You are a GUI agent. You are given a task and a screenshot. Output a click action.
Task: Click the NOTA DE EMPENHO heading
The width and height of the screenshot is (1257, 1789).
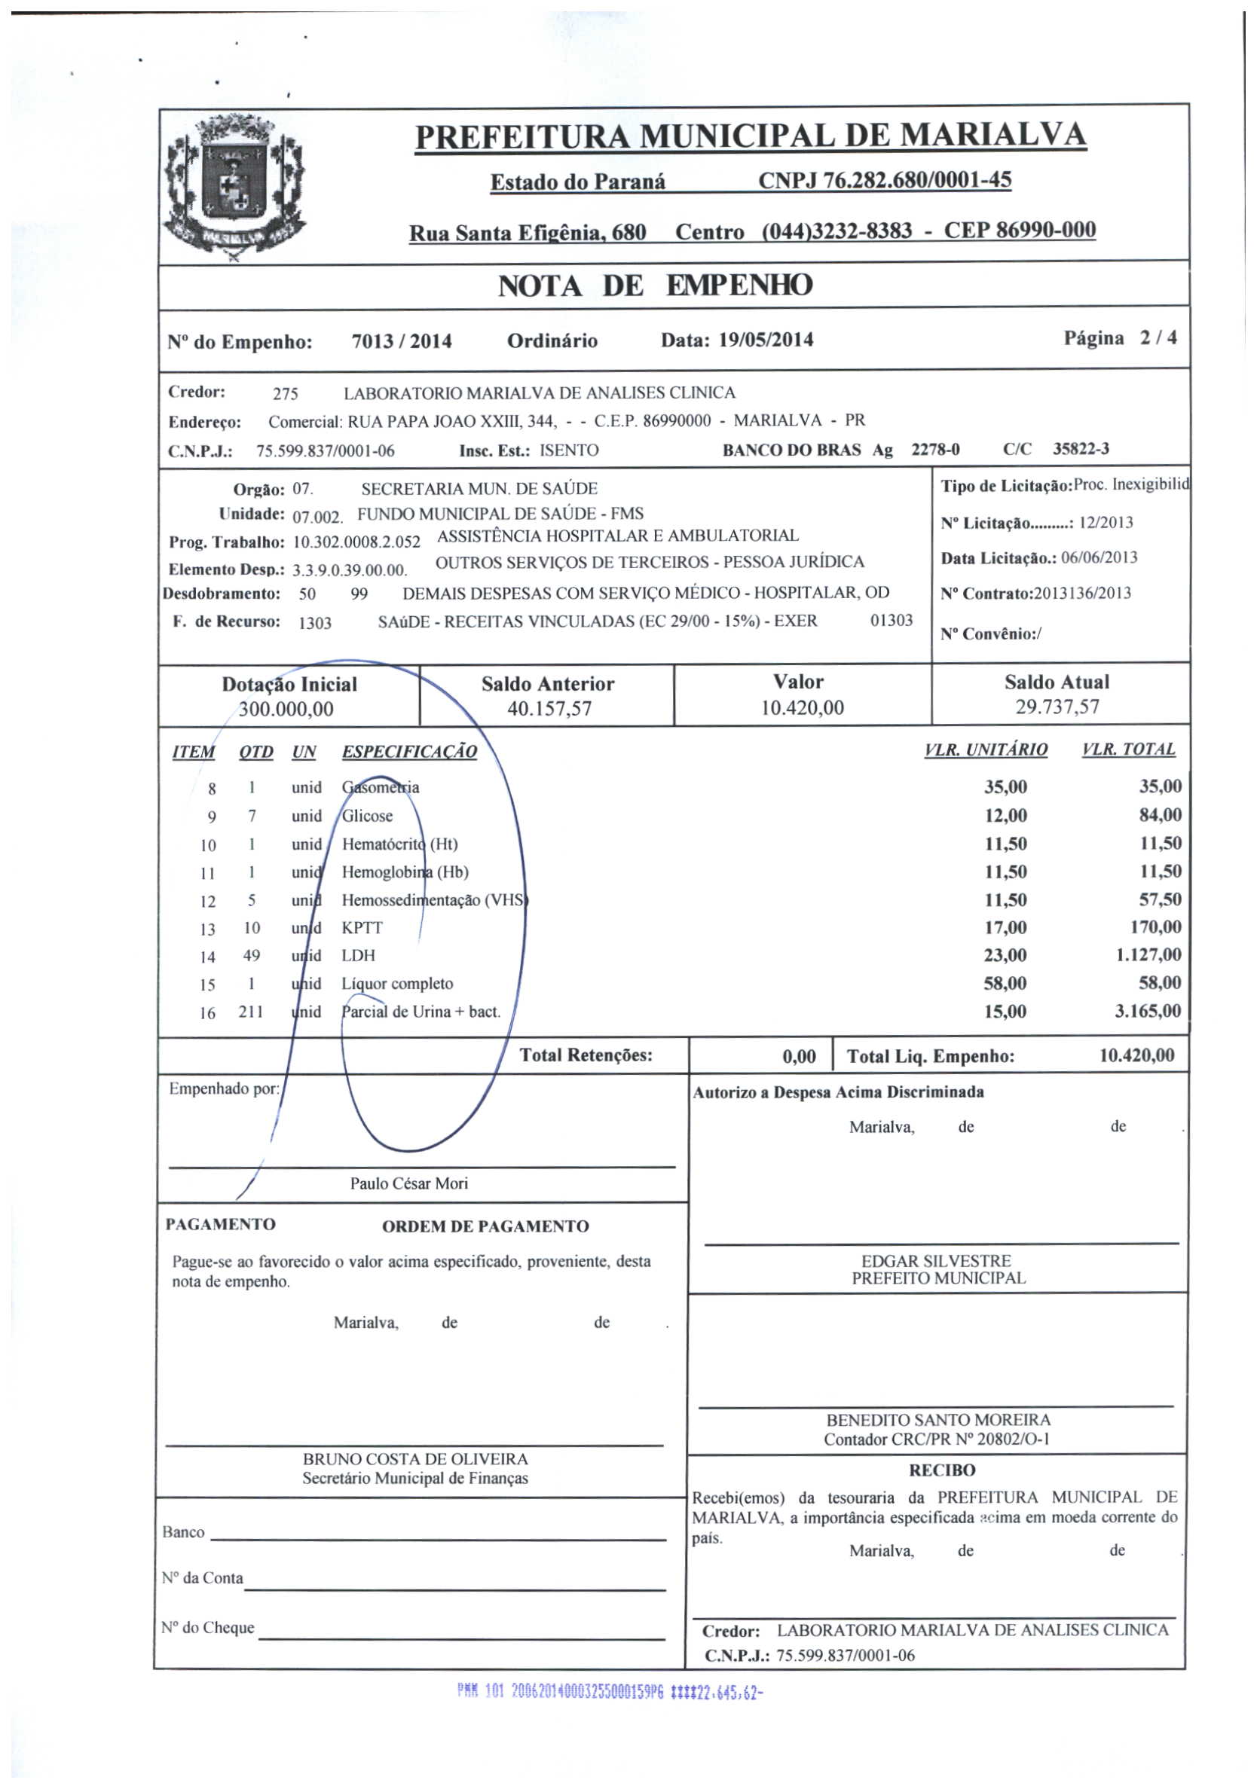pos(655,285)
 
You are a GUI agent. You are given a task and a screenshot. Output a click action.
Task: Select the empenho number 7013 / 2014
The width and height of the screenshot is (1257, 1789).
pos(402,341)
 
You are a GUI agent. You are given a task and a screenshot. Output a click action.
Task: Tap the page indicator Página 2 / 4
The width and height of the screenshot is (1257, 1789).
pos(1120,337)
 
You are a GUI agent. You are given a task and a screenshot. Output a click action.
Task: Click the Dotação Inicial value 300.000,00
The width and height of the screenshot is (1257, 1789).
pos(286,709)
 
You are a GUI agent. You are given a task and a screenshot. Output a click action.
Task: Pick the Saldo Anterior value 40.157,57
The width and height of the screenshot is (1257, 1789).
pos(549,708)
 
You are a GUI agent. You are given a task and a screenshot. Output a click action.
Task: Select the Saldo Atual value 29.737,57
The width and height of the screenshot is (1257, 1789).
pos(1057,707)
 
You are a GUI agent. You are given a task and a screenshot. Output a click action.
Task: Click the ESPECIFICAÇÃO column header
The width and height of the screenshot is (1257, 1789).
pos(409,751)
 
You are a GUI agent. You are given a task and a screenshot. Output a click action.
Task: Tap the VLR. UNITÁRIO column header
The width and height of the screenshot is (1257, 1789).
pos(986,749)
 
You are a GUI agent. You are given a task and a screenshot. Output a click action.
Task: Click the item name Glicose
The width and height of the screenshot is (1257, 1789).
pos(368,816)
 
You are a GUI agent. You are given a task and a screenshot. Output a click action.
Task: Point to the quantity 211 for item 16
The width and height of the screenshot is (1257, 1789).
pos(251,1012)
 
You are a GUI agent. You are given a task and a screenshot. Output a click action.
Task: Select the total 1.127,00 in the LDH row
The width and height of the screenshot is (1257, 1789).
pos(1148,954)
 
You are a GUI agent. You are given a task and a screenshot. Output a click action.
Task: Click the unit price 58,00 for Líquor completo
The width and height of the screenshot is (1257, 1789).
pos(1005,982)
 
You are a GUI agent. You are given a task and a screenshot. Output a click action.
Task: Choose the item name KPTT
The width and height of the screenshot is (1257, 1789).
pos(362,927)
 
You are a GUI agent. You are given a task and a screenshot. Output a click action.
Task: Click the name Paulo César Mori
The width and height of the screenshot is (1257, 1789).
pos(408,1183)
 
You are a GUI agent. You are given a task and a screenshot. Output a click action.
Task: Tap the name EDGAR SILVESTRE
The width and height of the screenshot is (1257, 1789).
pos(936,1260)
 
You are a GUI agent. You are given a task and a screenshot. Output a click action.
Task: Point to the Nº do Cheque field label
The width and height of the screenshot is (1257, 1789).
pos(207,1627)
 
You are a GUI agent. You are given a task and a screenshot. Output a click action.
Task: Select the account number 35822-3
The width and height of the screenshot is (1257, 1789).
pos(1080,449)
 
